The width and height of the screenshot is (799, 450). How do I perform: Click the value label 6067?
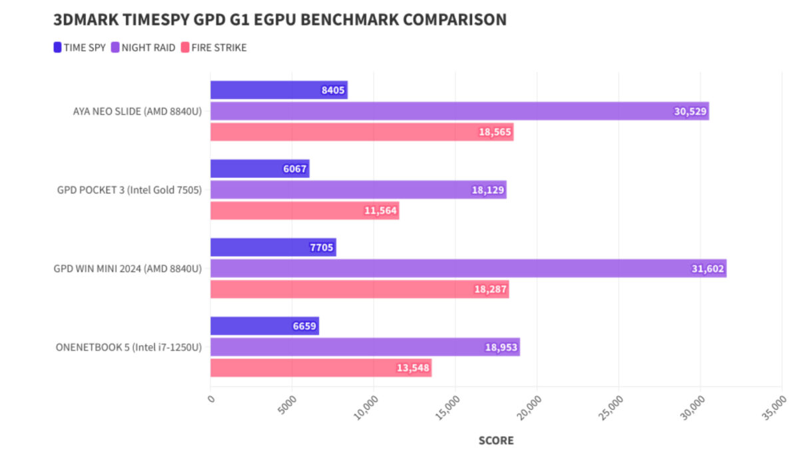coord(295,169)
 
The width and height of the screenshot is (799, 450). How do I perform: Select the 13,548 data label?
coord(413,368)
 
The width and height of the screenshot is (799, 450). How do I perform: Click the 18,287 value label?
coord(491,289)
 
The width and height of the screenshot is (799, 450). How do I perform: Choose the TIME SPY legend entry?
coord(79,47)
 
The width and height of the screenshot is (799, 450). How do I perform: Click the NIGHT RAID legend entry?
coord(143,47)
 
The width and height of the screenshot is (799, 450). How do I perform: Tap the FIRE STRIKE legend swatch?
coord(185,47)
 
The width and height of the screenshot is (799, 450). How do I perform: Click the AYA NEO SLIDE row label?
coord(137,111)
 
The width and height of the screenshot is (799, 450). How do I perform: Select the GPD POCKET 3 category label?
coord(129,190)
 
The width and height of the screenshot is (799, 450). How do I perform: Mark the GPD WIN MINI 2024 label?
coord(128,269)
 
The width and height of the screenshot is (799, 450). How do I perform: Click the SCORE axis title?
coord(496,441)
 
